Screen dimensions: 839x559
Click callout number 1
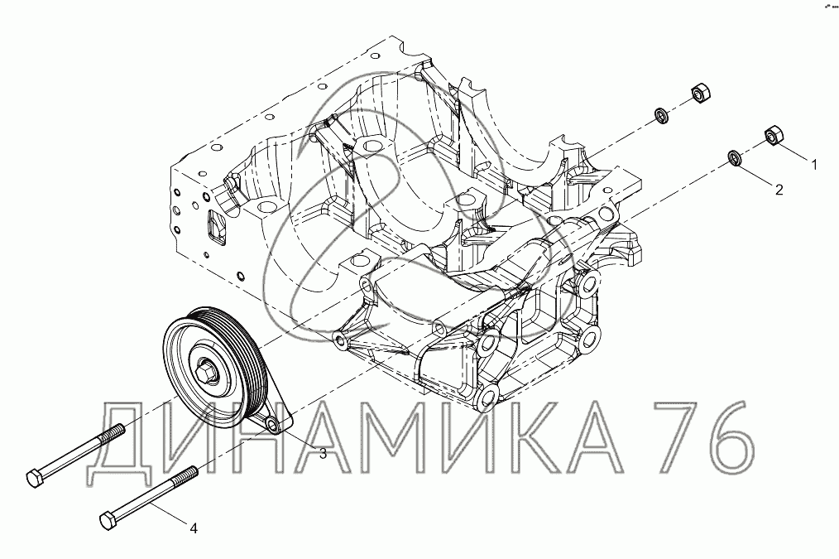(814, 165)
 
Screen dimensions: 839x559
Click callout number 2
(779, 190)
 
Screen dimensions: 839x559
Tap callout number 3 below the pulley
(323, 454)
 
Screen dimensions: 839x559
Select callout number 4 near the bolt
(194, 528)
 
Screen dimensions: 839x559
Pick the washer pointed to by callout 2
(734, 158)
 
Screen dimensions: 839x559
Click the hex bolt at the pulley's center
(206, 370)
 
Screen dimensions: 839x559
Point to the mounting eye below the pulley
(273, 426)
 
